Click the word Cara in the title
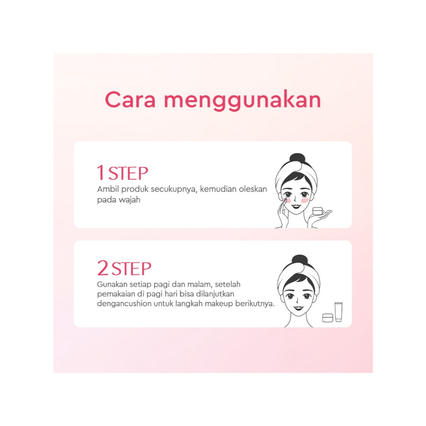click(x=130, y=99)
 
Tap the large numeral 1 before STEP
click(x=101, y=173)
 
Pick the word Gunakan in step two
click(x=112, y=284)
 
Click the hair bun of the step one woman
click(x=297, y=159)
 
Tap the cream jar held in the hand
click(x=317, y=211)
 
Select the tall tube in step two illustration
click(x=339, y=312)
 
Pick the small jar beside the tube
click(x=328, y=318)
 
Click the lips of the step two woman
click(x=298, y=308)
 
